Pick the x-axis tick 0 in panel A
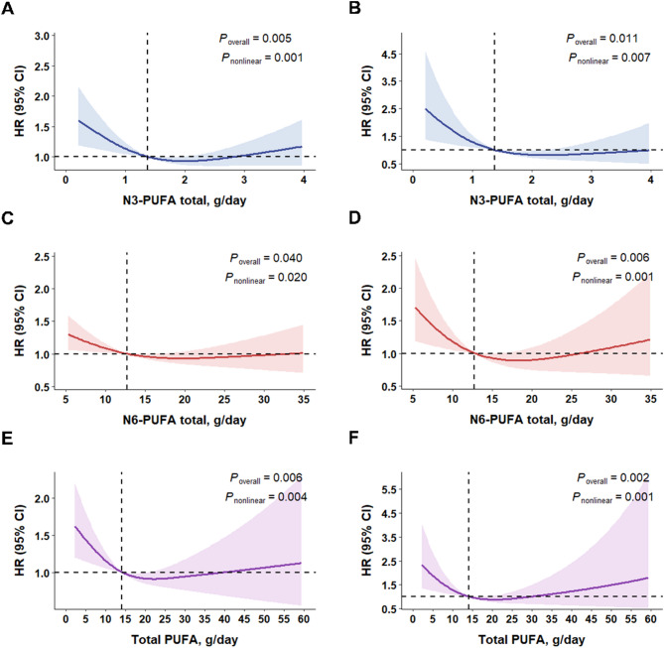[x=65, y=182]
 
